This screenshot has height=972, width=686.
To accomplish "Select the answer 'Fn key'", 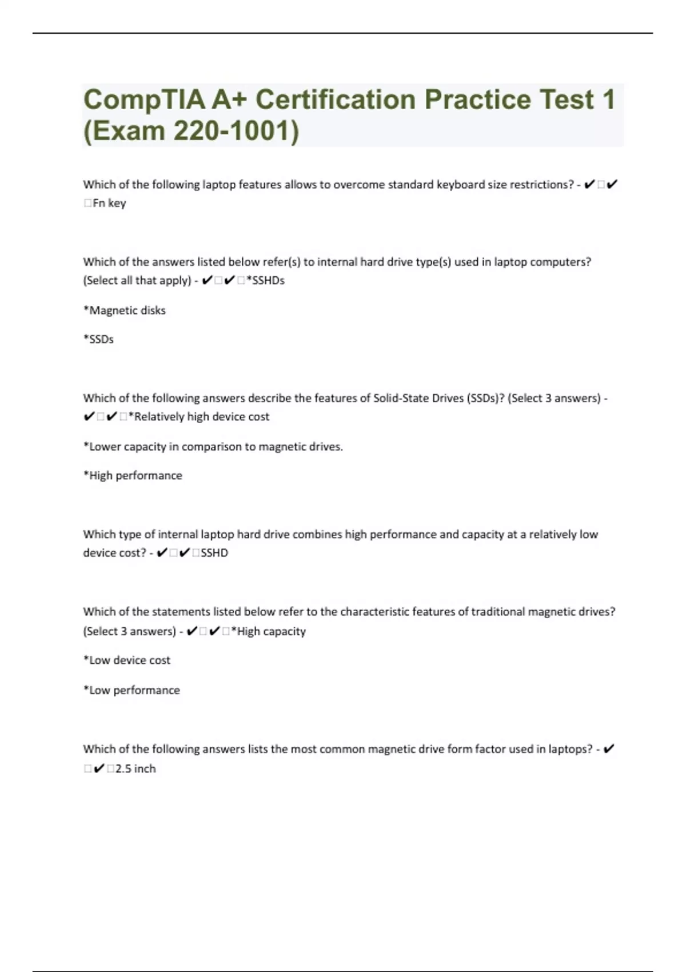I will pyautogui.click(x=109, y=203).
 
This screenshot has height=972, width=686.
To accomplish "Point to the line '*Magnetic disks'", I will pyautogui.click(x=125, y=310).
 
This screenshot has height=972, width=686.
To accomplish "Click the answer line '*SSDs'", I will pyautogui.click(x=98, y=339).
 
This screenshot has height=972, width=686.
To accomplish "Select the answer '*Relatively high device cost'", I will pyautogui.click(x=199, y=417).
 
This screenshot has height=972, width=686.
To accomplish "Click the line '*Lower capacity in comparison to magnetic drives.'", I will pyautogui.click(x=213, y=447).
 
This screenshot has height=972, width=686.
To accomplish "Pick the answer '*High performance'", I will pyautogui.click(x=133, y=476).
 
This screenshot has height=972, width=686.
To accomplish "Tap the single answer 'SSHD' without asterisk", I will pyautogui.click(x=214, y=553).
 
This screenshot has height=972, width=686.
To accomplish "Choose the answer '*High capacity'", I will pyautogui.click(x=269, y=631).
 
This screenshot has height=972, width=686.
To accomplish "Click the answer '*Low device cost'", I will pyautogui.click(x=127, y=660).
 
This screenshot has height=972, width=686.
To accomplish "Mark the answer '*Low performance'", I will pyautogui.click(x=131, y=690).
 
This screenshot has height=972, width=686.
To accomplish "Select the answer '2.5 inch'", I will pyautogui.click(x=135, y=768).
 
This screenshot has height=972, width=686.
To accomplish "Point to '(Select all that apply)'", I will pyautogui.click(x=137, y=280).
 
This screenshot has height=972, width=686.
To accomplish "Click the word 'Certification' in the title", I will pyautogui.click(x=336, y=100).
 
